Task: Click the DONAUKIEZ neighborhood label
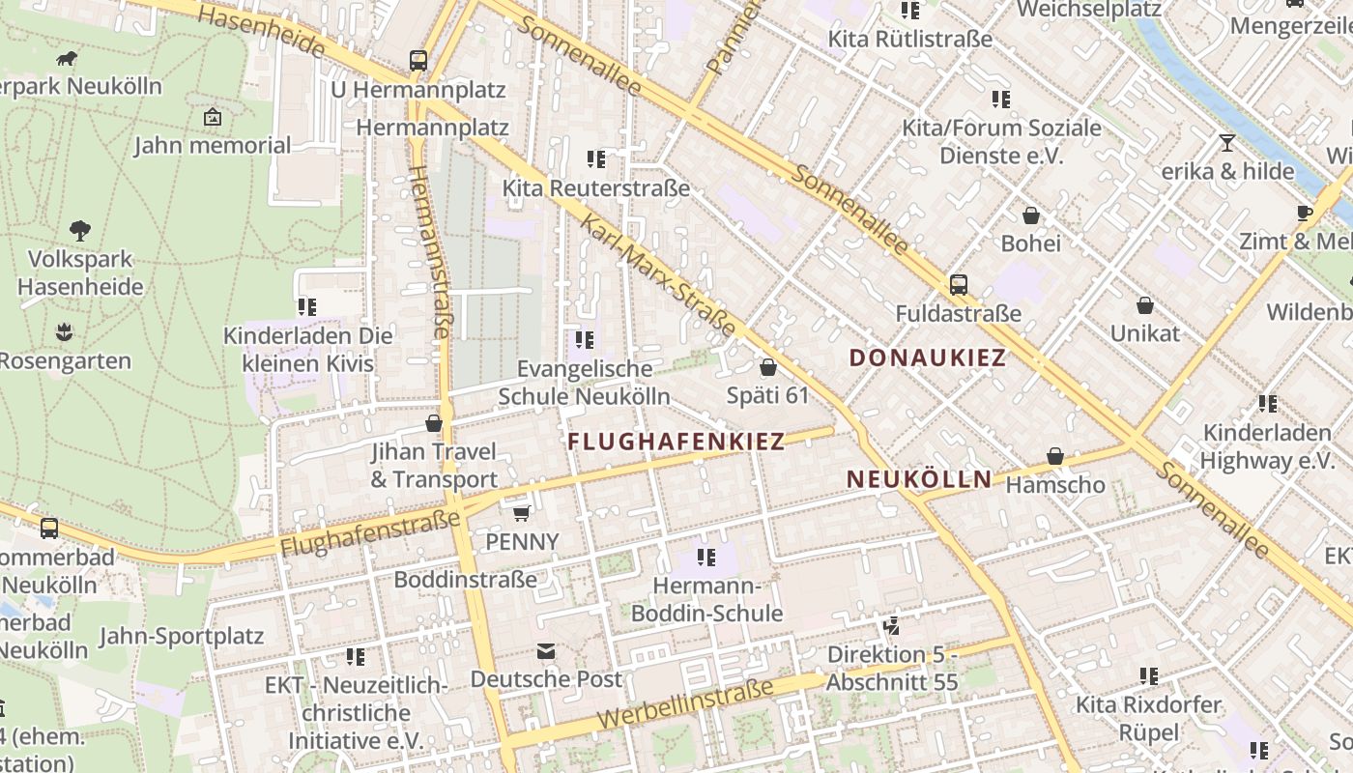(x=927, y=358)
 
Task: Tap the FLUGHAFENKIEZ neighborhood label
(x=676, y=442)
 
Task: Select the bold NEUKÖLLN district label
(x=919, y=478)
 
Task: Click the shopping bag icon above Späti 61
(x=768, y=367)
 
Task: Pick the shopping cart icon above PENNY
(x=522, y=513)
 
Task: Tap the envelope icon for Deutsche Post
(x=546, y=651)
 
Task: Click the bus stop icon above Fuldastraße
(x=958, y=285)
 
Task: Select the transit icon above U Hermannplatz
(x=418, y=61)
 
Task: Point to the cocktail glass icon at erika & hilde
(x=1227, y=143)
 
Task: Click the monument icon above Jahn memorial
(x=213, y=118)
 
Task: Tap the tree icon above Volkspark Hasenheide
(x=80, y=231)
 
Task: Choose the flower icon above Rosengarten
(x=64, y=332)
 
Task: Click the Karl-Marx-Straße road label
(x=658, y=275)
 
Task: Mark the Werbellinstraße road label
(x=685, y=704)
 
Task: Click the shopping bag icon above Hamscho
(x=1055, y=456)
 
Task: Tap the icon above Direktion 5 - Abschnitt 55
(x=891, y=626)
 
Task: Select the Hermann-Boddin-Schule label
(x=706, y=599)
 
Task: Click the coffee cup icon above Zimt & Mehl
(x=1305, y=213)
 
